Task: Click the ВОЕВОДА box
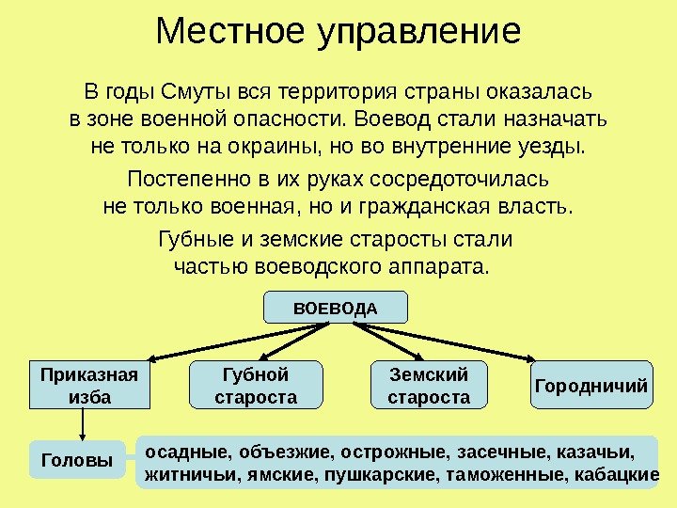click(x=336, y=308)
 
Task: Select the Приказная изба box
click(x=89, y=386)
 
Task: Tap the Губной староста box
click(x=256, y=386)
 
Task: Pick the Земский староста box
click(x=429, y=386)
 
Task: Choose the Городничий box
click(x=591, y=386)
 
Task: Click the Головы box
click(x=78, y=460)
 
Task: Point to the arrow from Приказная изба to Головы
click(x=84, y=424)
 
